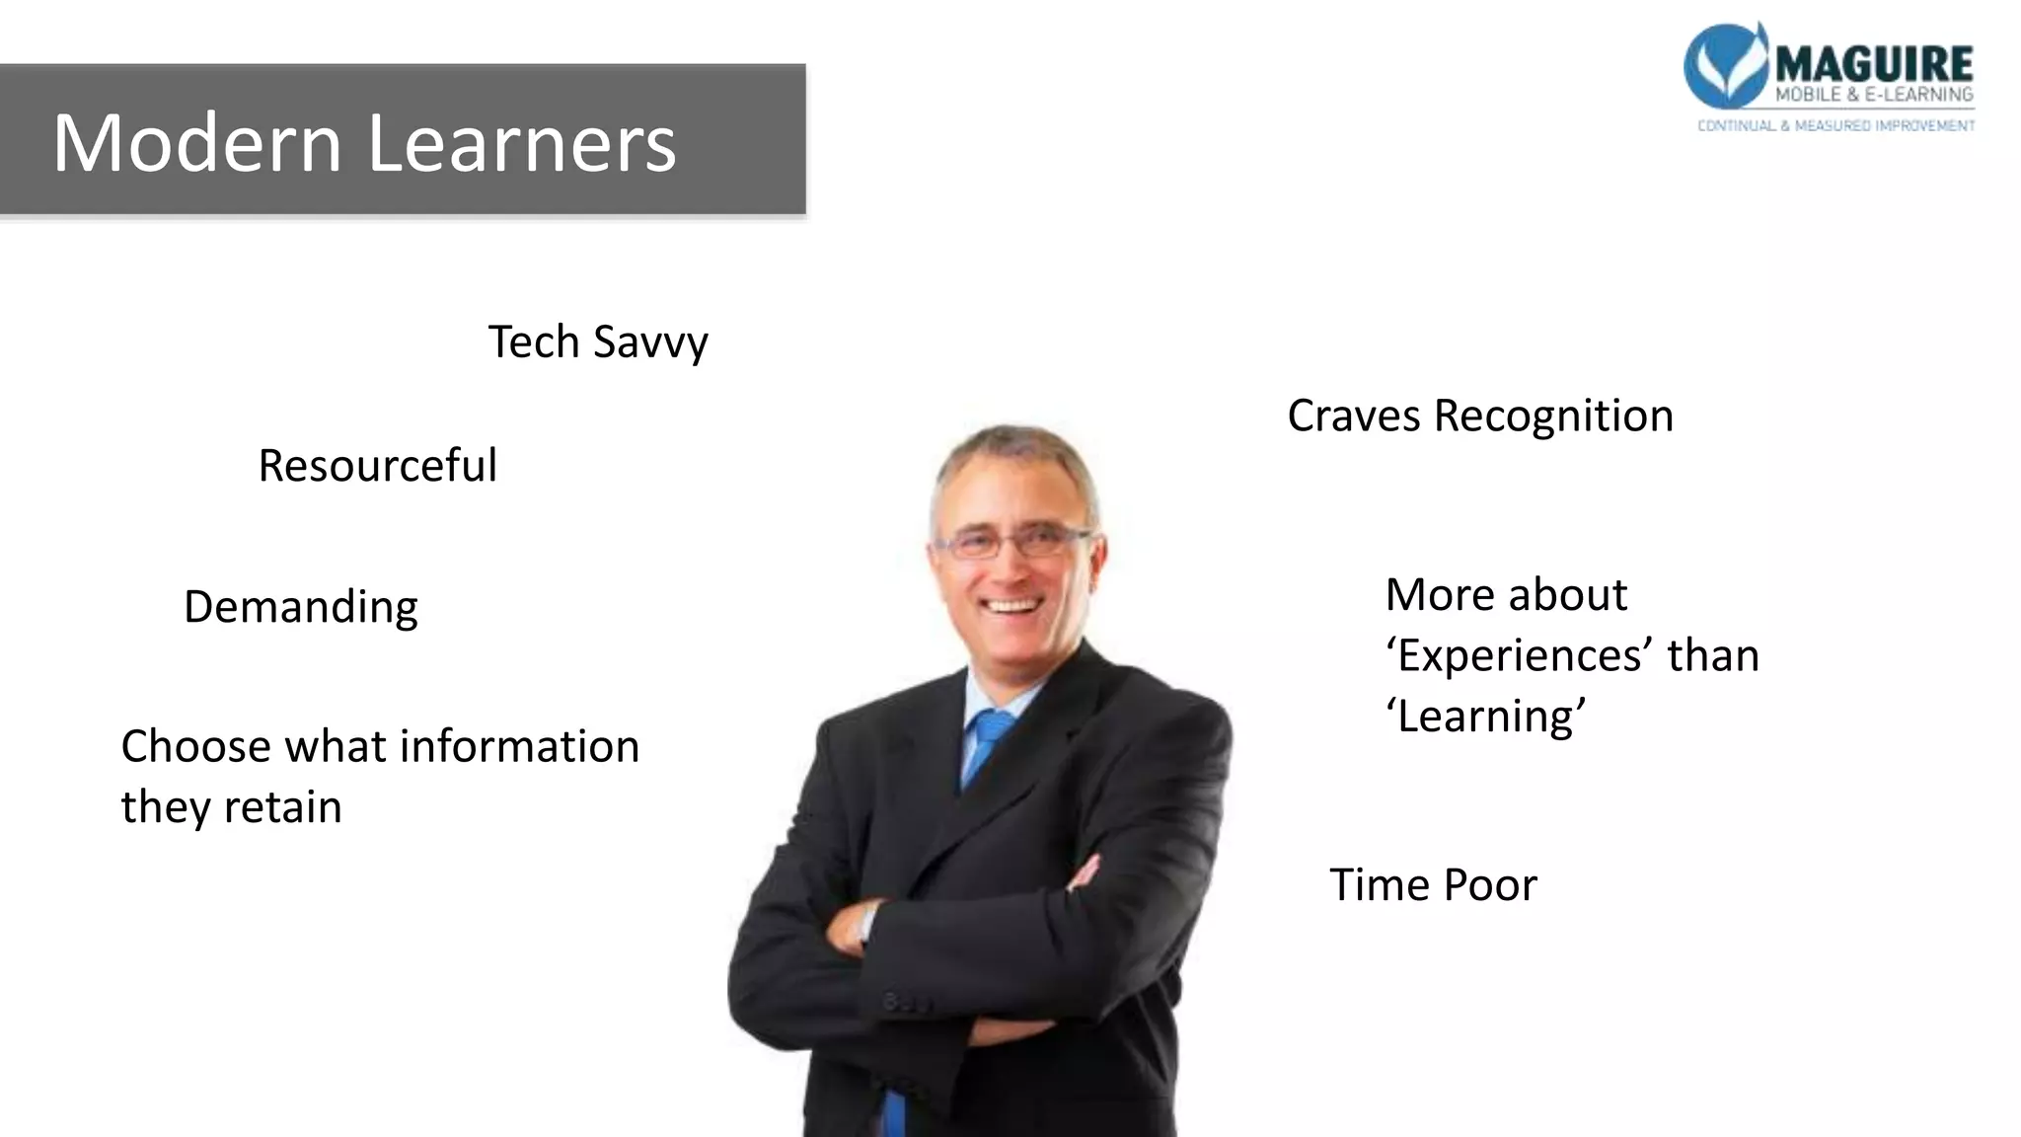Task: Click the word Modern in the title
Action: [196, 144]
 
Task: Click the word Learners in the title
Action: [522, 144]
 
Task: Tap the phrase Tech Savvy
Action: [598, 342]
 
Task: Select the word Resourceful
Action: [377, 466]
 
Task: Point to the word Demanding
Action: [301, 607]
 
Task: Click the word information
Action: [519, 746]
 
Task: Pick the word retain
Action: [282, 807]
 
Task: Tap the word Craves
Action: [1354, 416]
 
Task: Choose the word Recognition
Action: [1553, 416]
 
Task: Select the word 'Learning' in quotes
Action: [1486, 717]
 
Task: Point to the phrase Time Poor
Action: [1433, 885]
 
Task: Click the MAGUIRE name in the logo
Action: [1874, 64]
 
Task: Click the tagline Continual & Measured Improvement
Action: [1835, 125]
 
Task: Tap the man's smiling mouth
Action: [1011, 605]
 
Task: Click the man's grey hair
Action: [1016, 449]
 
